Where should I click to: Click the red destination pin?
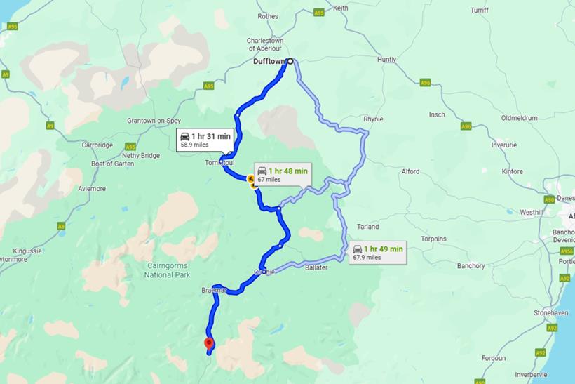pos(208,343)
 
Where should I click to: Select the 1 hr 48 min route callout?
pos(281,174)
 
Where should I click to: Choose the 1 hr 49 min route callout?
pos(377,252)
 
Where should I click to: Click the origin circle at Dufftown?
pos(290,61)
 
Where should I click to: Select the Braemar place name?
pos(215,289)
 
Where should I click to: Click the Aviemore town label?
pos(92,189)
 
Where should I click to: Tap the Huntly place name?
pos(387,60)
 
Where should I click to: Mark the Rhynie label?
pos(373,119)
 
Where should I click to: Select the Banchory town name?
pos(471,266)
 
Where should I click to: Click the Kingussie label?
pos(27,251)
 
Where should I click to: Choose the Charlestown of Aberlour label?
pos(264,44)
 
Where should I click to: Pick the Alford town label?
pos(410,171)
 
